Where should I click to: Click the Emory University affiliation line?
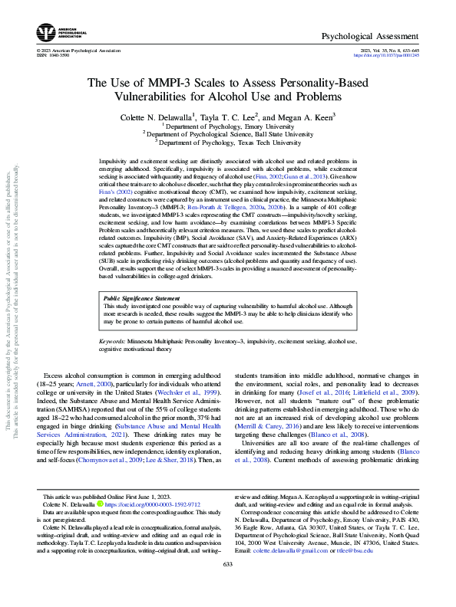(228, 126)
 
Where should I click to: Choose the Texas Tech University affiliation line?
(228, 143)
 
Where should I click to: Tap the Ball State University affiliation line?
(228, 134)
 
